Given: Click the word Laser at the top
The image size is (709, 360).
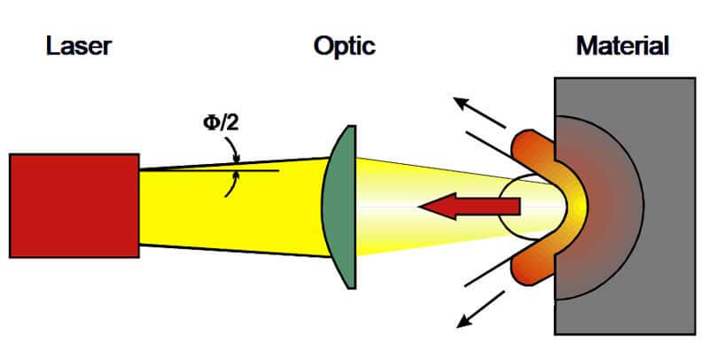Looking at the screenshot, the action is [79, 46].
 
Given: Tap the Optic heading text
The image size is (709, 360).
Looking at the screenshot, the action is [345, 47].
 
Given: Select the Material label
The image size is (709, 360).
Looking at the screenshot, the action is [623, 46].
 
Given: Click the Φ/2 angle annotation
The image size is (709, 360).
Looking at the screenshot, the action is [221, 122].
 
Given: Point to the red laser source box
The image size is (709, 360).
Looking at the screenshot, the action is [74, 206].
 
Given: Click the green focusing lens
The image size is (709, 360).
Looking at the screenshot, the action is [339, 207].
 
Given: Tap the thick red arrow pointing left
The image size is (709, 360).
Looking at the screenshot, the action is [470, 207].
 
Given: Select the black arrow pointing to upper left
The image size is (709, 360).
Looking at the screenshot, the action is [479, 112].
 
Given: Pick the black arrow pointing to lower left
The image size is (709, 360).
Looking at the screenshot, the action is [480, 309].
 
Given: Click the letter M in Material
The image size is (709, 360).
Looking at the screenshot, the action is [587, 46].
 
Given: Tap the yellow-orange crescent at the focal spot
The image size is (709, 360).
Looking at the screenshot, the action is [575, 207].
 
